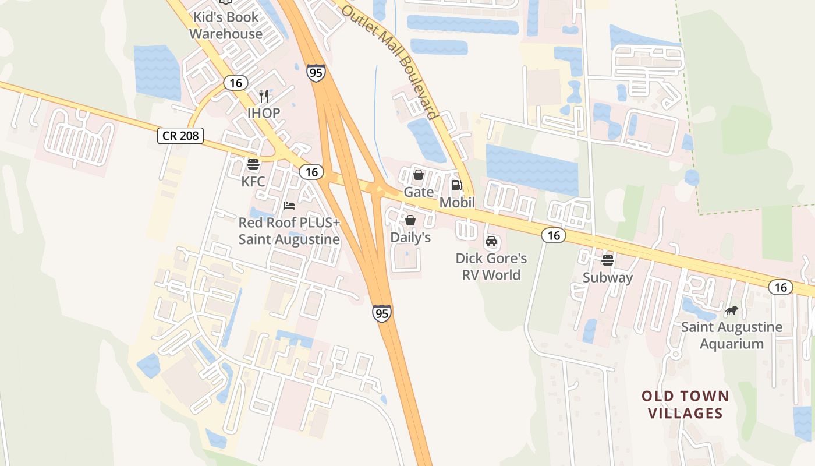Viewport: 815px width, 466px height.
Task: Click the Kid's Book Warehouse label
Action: click(225, 26)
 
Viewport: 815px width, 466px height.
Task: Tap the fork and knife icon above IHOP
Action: click(264, 96)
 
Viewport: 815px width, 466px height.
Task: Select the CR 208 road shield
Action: click(180, 136)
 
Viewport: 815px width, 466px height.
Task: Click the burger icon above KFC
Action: click(253, 165)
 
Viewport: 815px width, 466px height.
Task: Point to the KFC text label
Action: click(253, 182)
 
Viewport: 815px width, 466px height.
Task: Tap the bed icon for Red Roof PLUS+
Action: click(289, 205)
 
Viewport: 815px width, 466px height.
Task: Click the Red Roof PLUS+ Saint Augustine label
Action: click(289, 231)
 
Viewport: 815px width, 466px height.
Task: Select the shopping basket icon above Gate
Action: click(418, 175)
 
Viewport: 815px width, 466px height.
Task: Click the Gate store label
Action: click(419, 192)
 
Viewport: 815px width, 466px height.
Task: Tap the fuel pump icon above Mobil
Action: click(457, 185)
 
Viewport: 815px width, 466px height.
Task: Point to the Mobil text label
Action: click(457, 203)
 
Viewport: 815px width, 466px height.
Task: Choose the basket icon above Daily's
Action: click(410, 220)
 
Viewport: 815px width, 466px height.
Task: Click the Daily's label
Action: click(410, 238)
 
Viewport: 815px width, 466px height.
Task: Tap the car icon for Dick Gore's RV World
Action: click(491, 241)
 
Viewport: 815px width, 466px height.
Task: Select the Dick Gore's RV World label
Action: click(491, 266)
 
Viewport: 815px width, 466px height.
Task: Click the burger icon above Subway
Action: click(608, 260)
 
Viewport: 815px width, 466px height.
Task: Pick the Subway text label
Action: click(608, 278)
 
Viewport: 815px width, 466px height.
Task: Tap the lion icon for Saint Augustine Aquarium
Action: click(732, 310)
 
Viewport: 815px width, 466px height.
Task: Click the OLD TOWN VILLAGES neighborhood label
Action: click(685, 405)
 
